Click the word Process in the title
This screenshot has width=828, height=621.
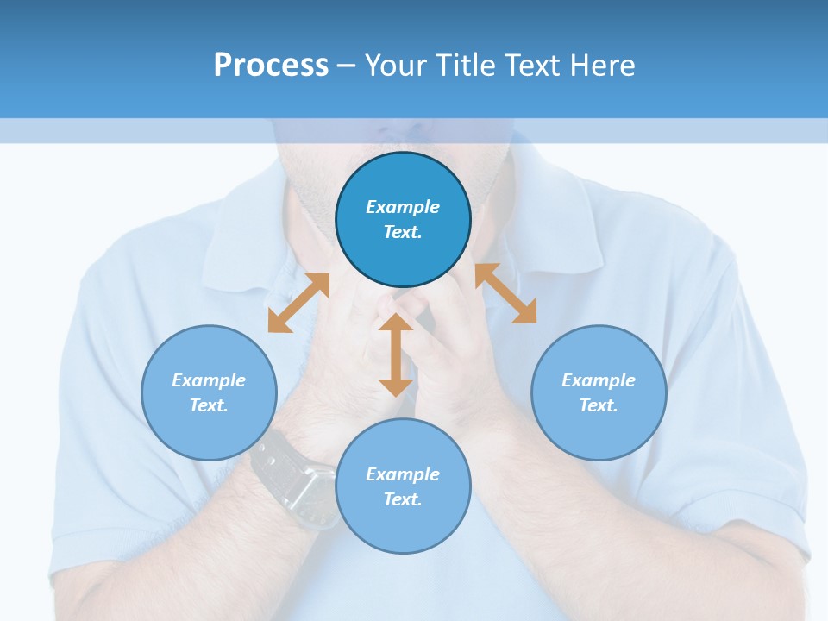coord(271,66)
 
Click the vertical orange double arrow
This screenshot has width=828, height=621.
coord(396,354)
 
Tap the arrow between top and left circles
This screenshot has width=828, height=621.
coord(298,302)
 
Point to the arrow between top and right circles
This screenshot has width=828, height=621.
coord(506,293)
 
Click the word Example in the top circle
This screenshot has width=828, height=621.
coord(403,207)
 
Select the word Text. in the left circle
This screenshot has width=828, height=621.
coord(209,405)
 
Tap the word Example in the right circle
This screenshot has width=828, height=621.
coord(599,380)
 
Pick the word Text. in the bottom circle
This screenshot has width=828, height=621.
coord(403,499)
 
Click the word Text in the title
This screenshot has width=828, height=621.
coord(534,66)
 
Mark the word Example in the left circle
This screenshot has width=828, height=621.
coord(209,380)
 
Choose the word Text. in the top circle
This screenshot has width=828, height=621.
coord(403,232)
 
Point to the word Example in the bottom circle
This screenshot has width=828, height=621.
coord(403,474)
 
